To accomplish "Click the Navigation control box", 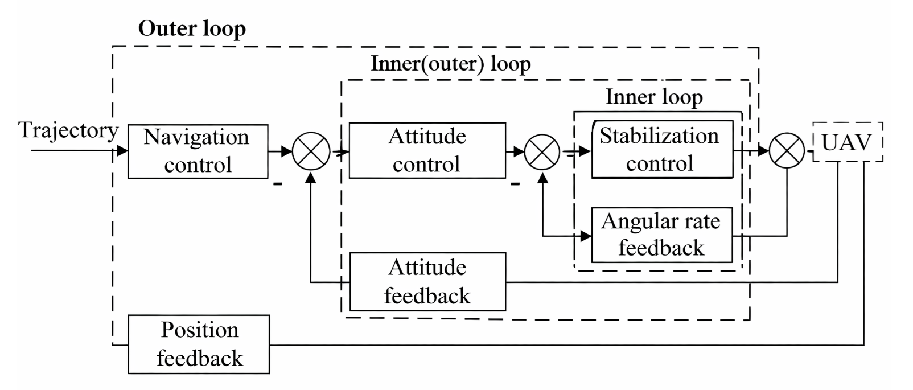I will click(198, 151).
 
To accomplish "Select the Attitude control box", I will click(427, 150).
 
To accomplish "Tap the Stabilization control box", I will click(662, 150).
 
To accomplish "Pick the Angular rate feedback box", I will click(661, 235).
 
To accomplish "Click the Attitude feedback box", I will click(427, 282).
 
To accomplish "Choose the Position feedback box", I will click(199, 344).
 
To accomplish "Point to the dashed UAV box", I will click(847, 142).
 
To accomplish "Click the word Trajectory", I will click(68, 130).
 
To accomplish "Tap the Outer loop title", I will click(192, 28).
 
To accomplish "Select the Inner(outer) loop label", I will click(450, 64).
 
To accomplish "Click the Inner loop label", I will click(654, 97).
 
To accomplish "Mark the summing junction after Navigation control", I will click(311, 151).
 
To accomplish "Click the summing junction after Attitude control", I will click(542, 152).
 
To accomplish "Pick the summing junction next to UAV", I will click(787, 152).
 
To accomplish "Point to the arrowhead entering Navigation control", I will click(122, 151).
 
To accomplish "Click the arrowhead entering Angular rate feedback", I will click(586, 236).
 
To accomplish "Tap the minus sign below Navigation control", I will click(278, 184).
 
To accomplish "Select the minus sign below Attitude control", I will click(515, 184).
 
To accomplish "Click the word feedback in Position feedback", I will click(199, 359).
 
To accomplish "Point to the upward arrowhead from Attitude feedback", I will click(311, 177).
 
